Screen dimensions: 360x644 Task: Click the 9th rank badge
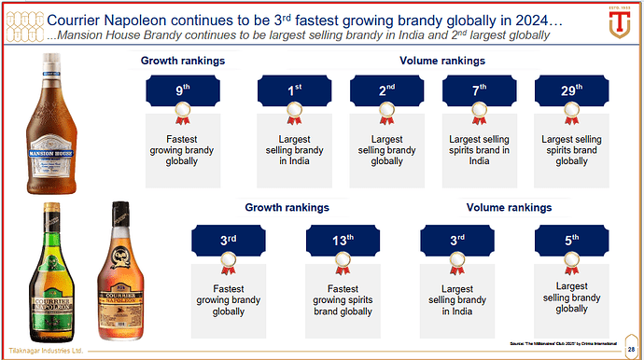(182, 92)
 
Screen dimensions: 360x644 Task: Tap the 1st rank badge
(294, 92)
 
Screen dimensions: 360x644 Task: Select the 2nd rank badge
(387, 92)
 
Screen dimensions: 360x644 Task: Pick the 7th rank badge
(480, 92)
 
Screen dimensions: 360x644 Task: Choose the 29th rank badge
(572, 92)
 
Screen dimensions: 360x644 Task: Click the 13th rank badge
(343, 241)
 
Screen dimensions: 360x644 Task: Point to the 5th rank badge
(572, 241)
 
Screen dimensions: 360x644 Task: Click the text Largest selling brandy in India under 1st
(294, 149)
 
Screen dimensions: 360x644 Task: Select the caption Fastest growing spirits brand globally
(343, 299)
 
